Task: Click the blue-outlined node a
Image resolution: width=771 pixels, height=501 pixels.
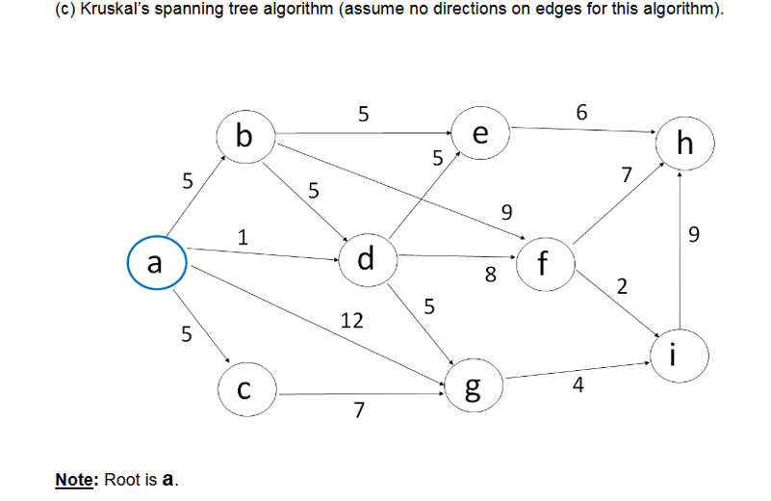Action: tap(155, 262)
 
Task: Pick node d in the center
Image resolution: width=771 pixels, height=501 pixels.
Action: tap(367, 259)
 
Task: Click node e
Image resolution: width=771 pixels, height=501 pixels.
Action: tap(480, 135)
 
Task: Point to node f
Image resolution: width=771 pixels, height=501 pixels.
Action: tap(546, 262)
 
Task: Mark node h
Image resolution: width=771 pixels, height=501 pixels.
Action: tap(683, 145)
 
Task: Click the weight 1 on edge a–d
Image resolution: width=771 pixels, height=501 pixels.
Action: tap(244, 235)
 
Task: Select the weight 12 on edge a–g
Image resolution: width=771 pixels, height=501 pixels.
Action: tap(352, 320)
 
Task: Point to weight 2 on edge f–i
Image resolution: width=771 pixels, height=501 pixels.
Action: tap(622, 286)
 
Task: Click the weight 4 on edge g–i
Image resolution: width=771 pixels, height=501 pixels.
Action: tap(578, 387)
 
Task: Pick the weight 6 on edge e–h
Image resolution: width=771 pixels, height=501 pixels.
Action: tap(581, 111)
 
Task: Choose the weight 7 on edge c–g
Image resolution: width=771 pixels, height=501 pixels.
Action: tap(358, 411)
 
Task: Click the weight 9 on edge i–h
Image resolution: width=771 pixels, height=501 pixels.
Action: tap(696, 233)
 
